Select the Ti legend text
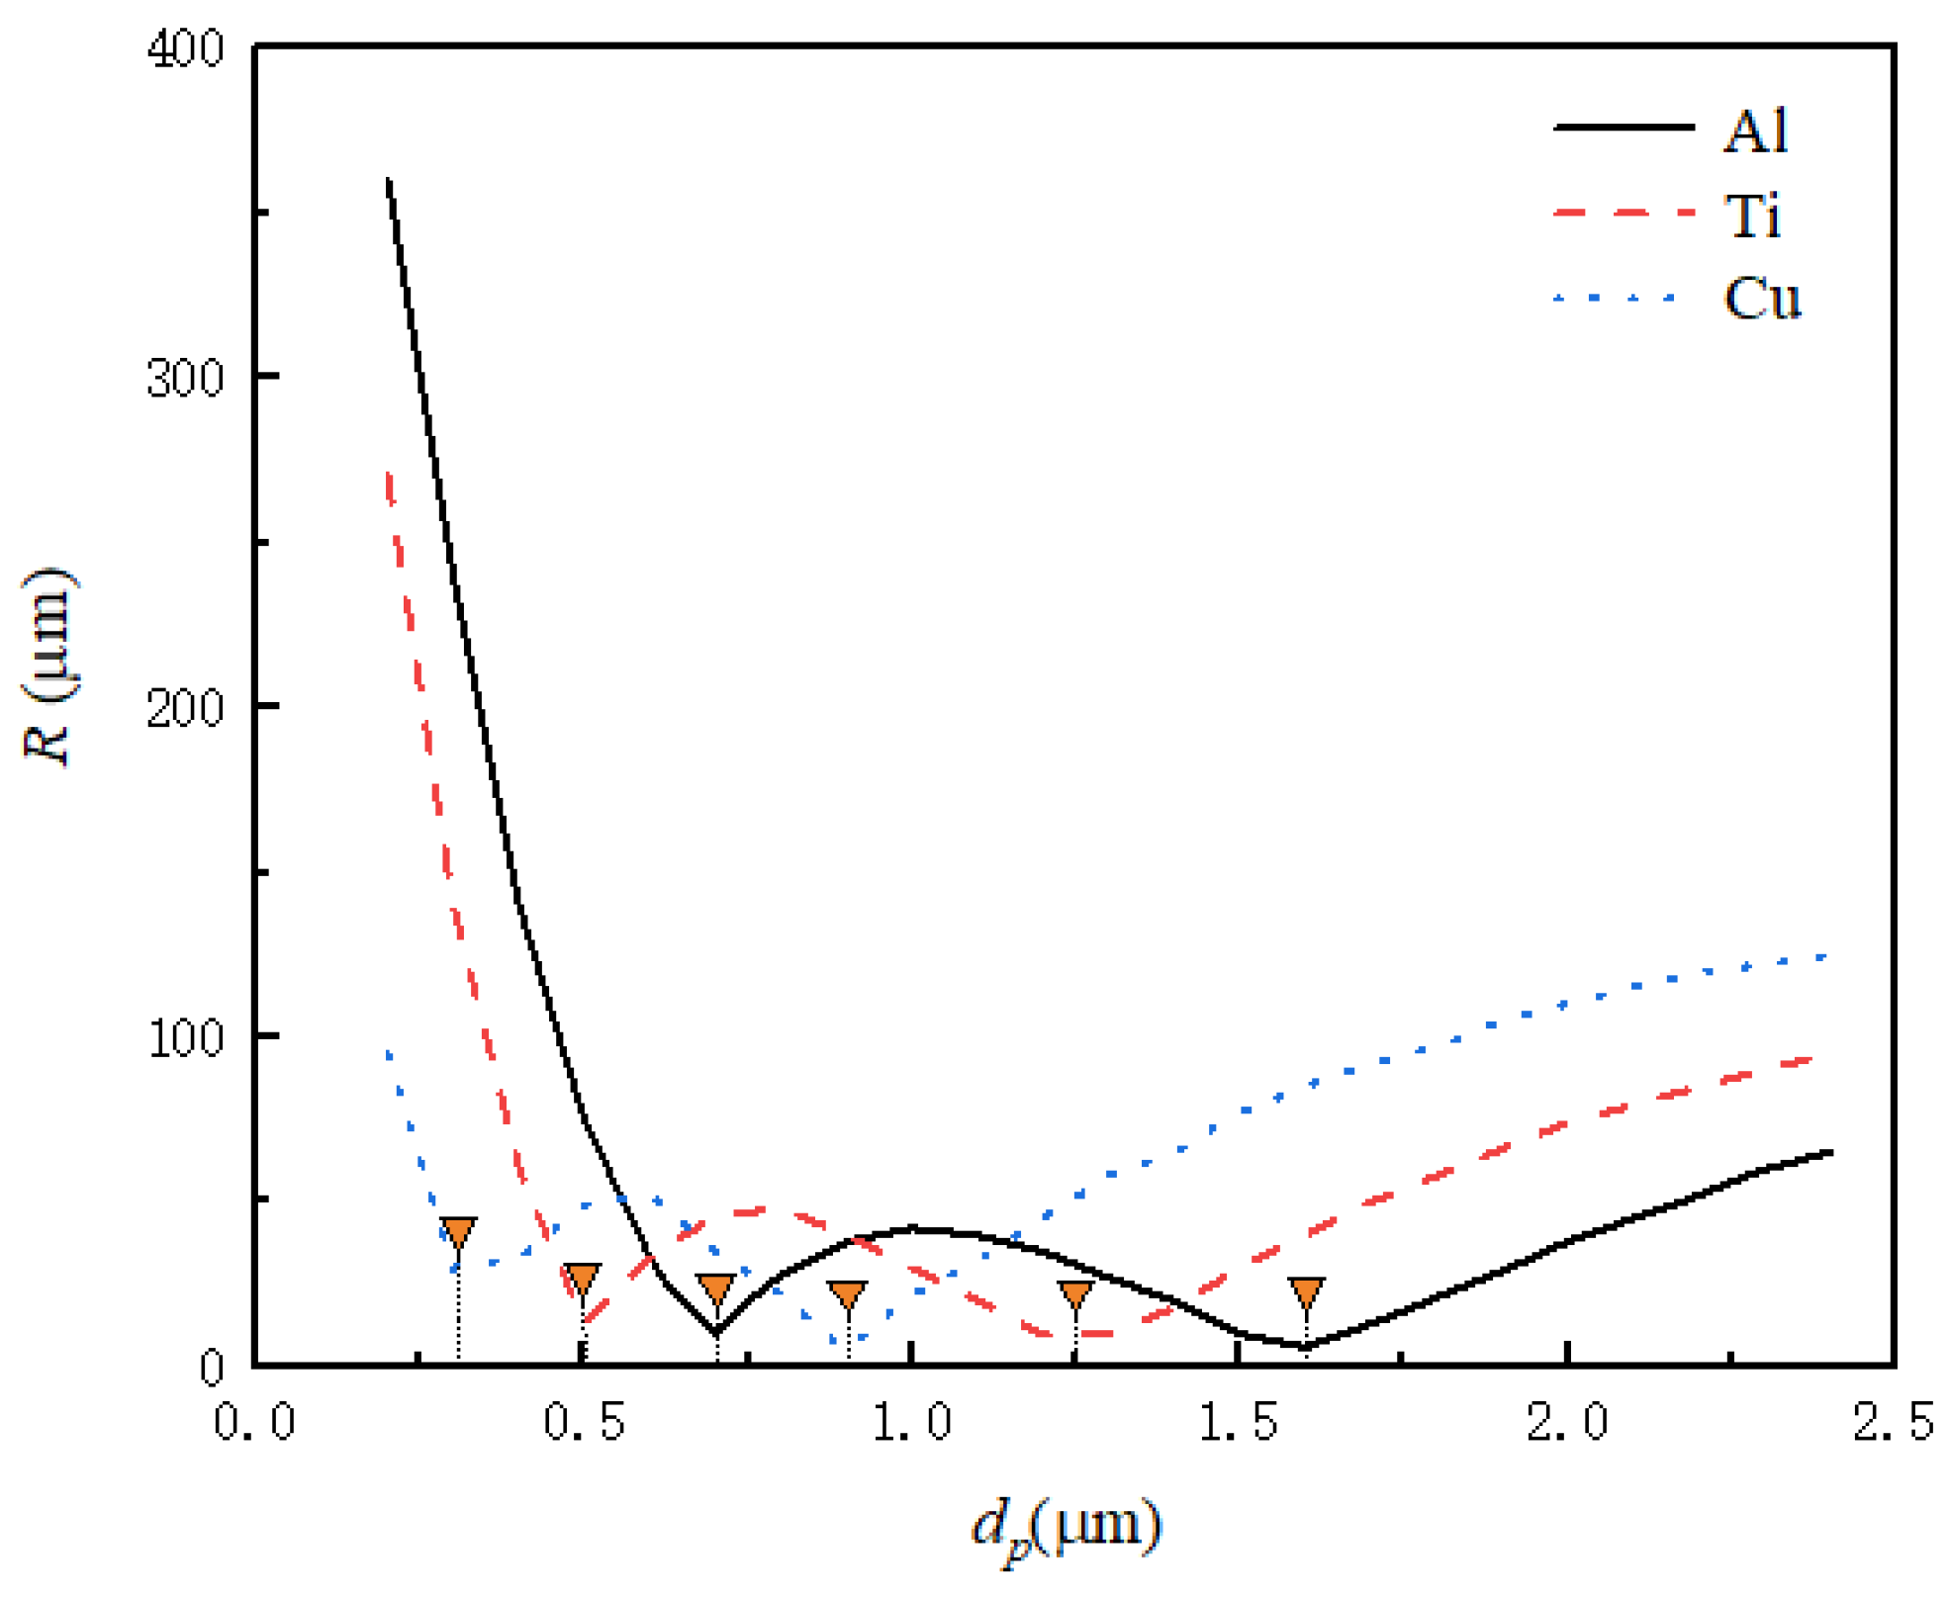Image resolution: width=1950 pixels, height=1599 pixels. [x=1752, y=215]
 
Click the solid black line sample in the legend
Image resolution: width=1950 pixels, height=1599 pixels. [x=1624, y=128]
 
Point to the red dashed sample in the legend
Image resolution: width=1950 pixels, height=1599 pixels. [x=1624, y=213]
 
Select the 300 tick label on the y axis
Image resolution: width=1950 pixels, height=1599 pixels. [x=185, y=378]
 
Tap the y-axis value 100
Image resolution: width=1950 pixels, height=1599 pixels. [x=185, y=1038]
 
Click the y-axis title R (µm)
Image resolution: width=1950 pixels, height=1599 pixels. [x=49, y=666]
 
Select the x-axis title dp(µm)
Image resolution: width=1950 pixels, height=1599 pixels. [x=1066, y=1529]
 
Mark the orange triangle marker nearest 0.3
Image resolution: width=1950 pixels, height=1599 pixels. [x=458, y=1230]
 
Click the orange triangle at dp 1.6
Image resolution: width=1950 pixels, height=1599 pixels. [x=1306, y=1289]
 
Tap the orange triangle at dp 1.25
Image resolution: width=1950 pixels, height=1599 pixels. [x=1075, y=1292]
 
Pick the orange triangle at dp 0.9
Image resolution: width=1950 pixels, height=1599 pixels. [x=847, y=1292]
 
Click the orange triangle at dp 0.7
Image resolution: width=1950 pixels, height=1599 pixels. [x=716, y=1287]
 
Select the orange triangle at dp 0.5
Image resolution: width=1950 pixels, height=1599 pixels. [x=583, y=1277]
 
